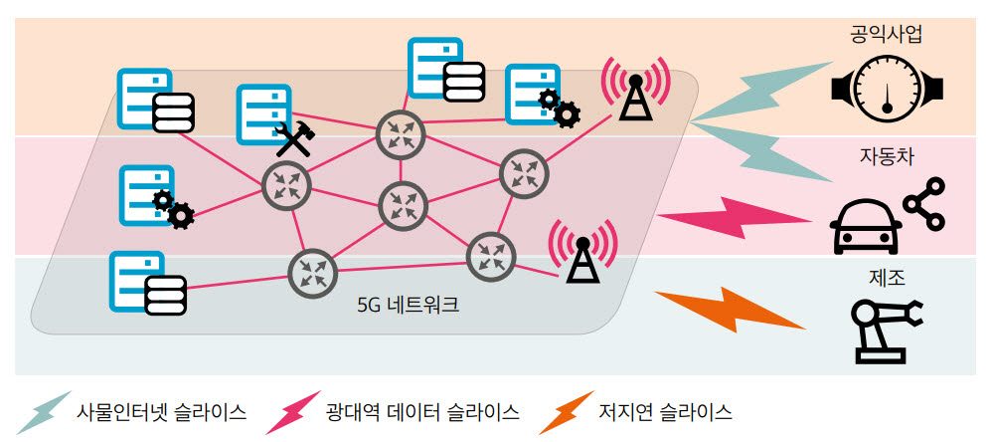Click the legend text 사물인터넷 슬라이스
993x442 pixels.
pyautogui.click(x=161, y=411)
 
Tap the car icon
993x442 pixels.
pyautogui.click(x=865, y=227)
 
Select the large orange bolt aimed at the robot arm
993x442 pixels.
pyautogui.click(x=730, y=308)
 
